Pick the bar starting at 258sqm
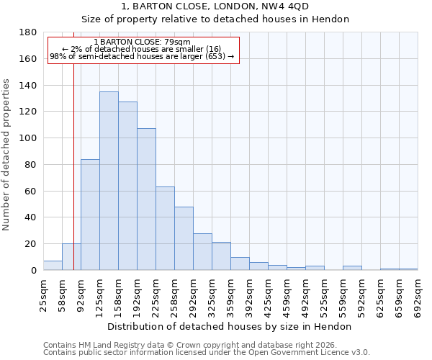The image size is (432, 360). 184,238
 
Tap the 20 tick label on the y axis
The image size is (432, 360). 31,244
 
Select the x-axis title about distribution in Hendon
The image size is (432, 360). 230,326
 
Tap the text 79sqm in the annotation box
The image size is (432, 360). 178,42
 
